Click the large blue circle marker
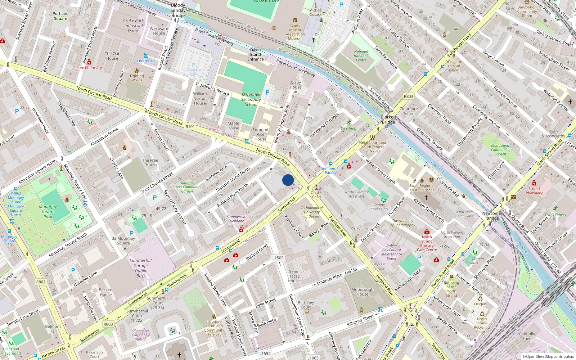[x=288, y=180]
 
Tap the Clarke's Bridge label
[x=388, y=120]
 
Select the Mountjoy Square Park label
[x=48, y=212]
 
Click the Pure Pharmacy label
[x=89, y=68]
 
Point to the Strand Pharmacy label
[x=534, y=191]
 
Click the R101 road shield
[x=190, y=127]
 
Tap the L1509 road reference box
[x=278, y=258]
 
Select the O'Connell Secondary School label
[x=251, y=99]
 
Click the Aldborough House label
[x=363, y=292]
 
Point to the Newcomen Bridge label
[x=492, y=216]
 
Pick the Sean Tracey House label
[x=293, y=276]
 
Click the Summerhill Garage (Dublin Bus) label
[x=140, y=268]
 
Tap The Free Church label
[x=150, y=163]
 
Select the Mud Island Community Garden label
[x=500, y=150]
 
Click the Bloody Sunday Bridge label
[x=178, y=10]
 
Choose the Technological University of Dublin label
[x=312, y=212]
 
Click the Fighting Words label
[x=137, y=78]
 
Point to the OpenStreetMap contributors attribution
[x=550, y=356]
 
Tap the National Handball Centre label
[x=361, y=56]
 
